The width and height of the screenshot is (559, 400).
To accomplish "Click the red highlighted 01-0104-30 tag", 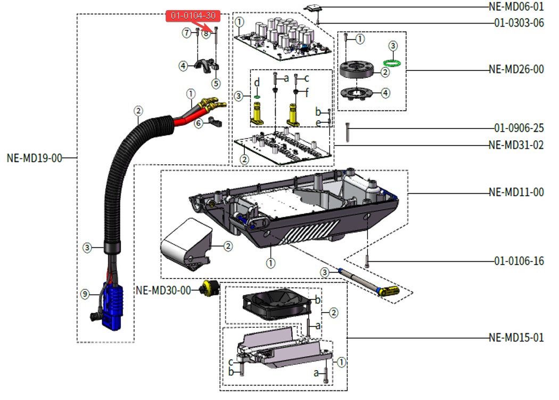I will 193,16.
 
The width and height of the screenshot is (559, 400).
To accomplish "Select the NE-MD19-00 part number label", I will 35,158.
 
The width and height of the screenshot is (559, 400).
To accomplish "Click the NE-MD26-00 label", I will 516,69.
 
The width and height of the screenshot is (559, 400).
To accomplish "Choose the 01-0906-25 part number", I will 519,129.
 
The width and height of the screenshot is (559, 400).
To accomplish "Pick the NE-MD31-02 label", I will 516,145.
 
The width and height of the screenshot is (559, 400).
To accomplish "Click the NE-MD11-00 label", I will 516,192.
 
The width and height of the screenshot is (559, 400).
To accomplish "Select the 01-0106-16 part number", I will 519,261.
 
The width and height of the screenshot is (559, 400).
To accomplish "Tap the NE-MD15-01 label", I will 516,338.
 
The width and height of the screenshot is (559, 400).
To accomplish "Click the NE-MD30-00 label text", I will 163,291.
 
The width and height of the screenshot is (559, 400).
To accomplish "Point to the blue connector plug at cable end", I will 113,307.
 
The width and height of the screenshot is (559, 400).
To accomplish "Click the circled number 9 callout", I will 84,293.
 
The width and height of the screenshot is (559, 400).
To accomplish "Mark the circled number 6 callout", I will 199,123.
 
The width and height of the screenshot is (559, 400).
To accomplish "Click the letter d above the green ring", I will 257,83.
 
